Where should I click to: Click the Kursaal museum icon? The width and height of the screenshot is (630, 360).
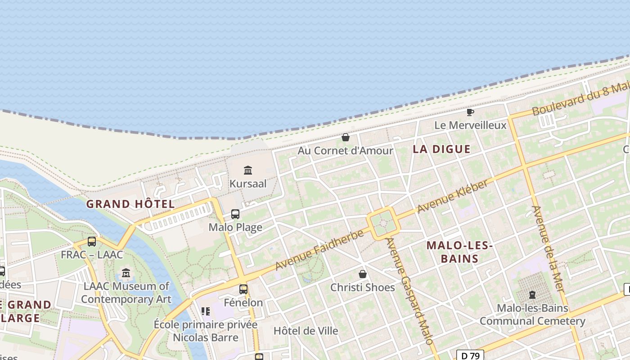pos(248,170)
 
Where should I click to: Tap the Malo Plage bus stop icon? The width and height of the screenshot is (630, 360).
pos(235,214)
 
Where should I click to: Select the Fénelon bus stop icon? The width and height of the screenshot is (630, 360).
pos(243,289)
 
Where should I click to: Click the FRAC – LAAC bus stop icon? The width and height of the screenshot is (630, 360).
pos(92,242)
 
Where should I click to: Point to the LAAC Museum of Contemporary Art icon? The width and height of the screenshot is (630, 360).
pos(126,273)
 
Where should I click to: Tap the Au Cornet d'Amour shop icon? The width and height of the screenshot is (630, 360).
pos(346,137)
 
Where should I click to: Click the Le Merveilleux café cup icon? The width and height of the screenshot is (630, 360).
pos(470,112)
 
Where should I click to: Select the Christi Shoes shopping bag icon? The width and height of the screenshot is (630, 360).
pos(363,274)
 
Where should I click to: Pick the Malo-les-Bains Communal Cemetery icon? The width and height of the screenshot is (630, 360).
pos(532,295)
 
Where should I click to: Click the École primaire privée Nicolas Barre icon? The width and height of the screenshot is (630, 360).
pos(206,311)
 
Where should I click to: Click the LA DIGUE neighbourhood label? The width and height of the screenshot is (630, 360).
pos(441,149)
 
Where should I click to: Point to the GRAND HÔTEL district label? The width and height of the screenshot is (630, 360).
pos(130,204)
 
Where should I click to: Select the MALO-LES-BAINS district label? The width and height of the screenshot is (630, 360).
pos(459,252)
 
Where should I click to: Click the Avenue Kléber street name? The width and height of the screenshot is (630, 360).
pos(453,197)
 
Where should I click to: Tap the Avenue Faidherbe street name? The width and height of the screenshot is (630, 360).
pos(319,251)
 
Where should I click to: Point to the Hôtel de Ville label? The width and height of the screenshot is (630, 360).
pos(306,331)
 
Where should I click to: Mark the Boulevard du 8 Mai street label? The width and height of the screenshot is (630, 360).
pos(580,98)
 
